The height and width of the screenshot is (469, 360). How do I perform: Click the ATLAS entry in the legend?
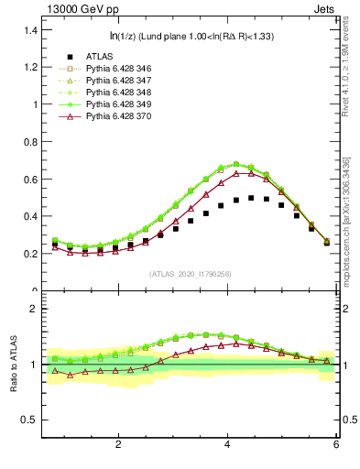click(x=99, y=56)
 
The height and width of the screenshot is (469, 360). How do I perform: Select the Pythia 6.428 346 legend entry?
click(x=115, y=69)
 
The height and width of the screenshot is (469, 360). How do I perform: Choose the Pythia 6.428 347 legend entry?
click(x=115, y=81)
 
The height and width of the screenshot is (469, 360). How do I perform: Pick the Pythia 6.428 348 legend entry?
click(x=115, y=93)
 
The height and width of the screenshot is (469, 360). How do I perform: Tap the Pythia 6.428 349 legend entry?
click(x=115, y=104)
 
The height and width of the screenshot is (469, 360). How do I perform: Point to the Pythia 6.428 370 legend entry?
click(x=115, y=116)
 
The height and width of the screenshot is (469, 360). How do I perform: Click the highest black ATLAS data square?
click(x=251, y=198)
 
